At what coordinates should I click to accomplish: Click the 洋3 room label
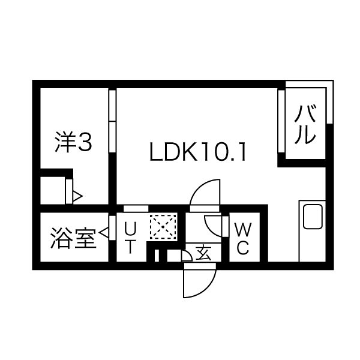coord(73,144)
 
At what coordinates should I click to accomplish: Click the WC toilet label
coord(243,239)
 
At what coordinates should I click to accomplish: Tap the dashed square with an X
coord(161,226)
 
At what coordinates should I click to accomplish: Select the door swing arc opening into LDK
coord(204,193)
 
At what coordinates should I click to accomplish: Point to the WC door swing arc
coord(214,227)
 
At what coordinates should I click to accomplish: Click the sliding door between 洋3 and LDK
coord(112,124)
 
